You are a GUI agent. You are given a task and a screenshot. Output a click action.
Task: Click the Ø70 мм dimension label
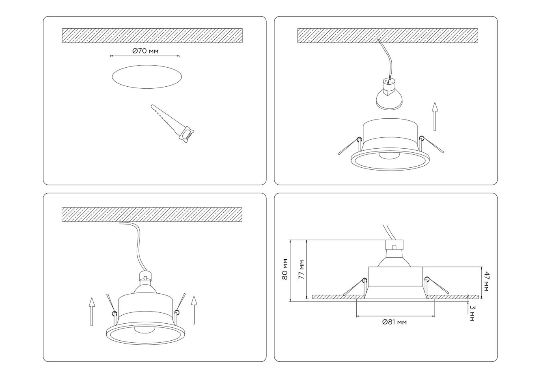pos(145,51)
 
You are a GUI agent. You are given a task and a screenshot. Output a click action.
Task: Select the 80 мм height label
pos(285,269)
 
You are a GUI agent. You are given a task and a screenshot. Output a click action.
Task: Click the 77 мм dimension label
pos(301,269)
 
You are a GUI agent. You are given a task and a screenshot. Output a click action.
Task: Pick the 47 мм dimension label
pos(486,281)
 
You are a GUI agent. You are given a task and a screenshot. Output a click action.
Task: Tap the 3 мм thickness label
pos(472,313)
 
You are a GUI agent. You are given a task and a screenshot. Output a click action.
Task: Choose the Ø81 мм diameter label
pos(394,322)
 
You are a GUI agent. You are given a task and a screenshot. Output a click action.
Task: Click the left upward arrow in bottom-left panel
pos(92,312)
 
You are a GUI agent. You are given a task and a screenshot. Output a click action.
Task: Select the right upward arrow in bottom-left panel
pos(194,310)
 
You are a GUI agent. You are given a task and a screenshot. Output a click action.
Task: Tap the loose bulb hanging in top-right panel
pos(389,99)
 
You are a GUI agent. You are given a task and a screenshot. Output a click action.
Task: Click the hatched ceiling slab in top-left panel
pos(152,36)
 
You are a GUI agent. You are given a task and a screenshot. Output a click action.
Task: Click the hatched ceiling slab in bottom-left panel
pos(152,214)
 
